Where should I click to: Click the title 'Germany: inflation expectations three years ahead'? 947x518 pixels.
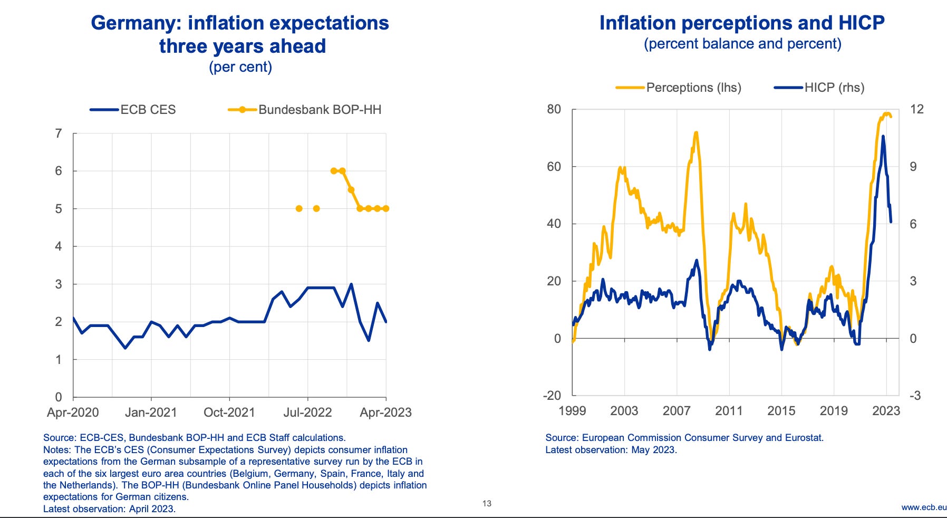[x=240, y=34]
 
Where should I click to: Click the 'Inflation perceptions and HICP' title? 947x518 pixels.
[x=742, y=23]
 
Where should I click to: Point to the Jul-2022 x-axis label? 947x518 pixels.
[x=307, y=413]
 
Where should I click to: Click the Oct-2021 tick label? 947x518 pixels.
[x=229, y=413]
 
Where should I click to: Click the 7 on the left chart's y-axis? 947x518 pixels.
[x=59, y=133]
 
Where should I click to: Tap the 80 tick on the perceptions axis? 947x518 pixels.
[x=554, y=109]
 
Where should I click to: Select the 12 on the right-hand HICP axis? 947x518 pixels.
[x=917, y=109]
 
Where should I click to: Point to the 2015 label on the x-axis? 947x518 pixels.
[x=781, y=410]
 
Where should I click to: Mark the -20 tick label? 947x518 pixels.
[x=552, y=396]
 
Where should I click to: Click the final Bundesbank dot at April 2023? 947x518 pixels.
[x=386, y=208]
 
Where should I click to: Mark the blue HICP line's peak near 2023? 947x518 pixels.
[x=883, y=136]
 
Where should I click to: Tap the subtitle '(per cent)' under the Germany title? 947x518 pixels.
[x=240, y=67]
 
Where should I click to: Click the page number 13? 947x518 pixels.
[x=487, y=504]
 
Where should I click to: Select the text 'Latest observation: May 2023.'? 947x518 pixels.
[x=611, y=450]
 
